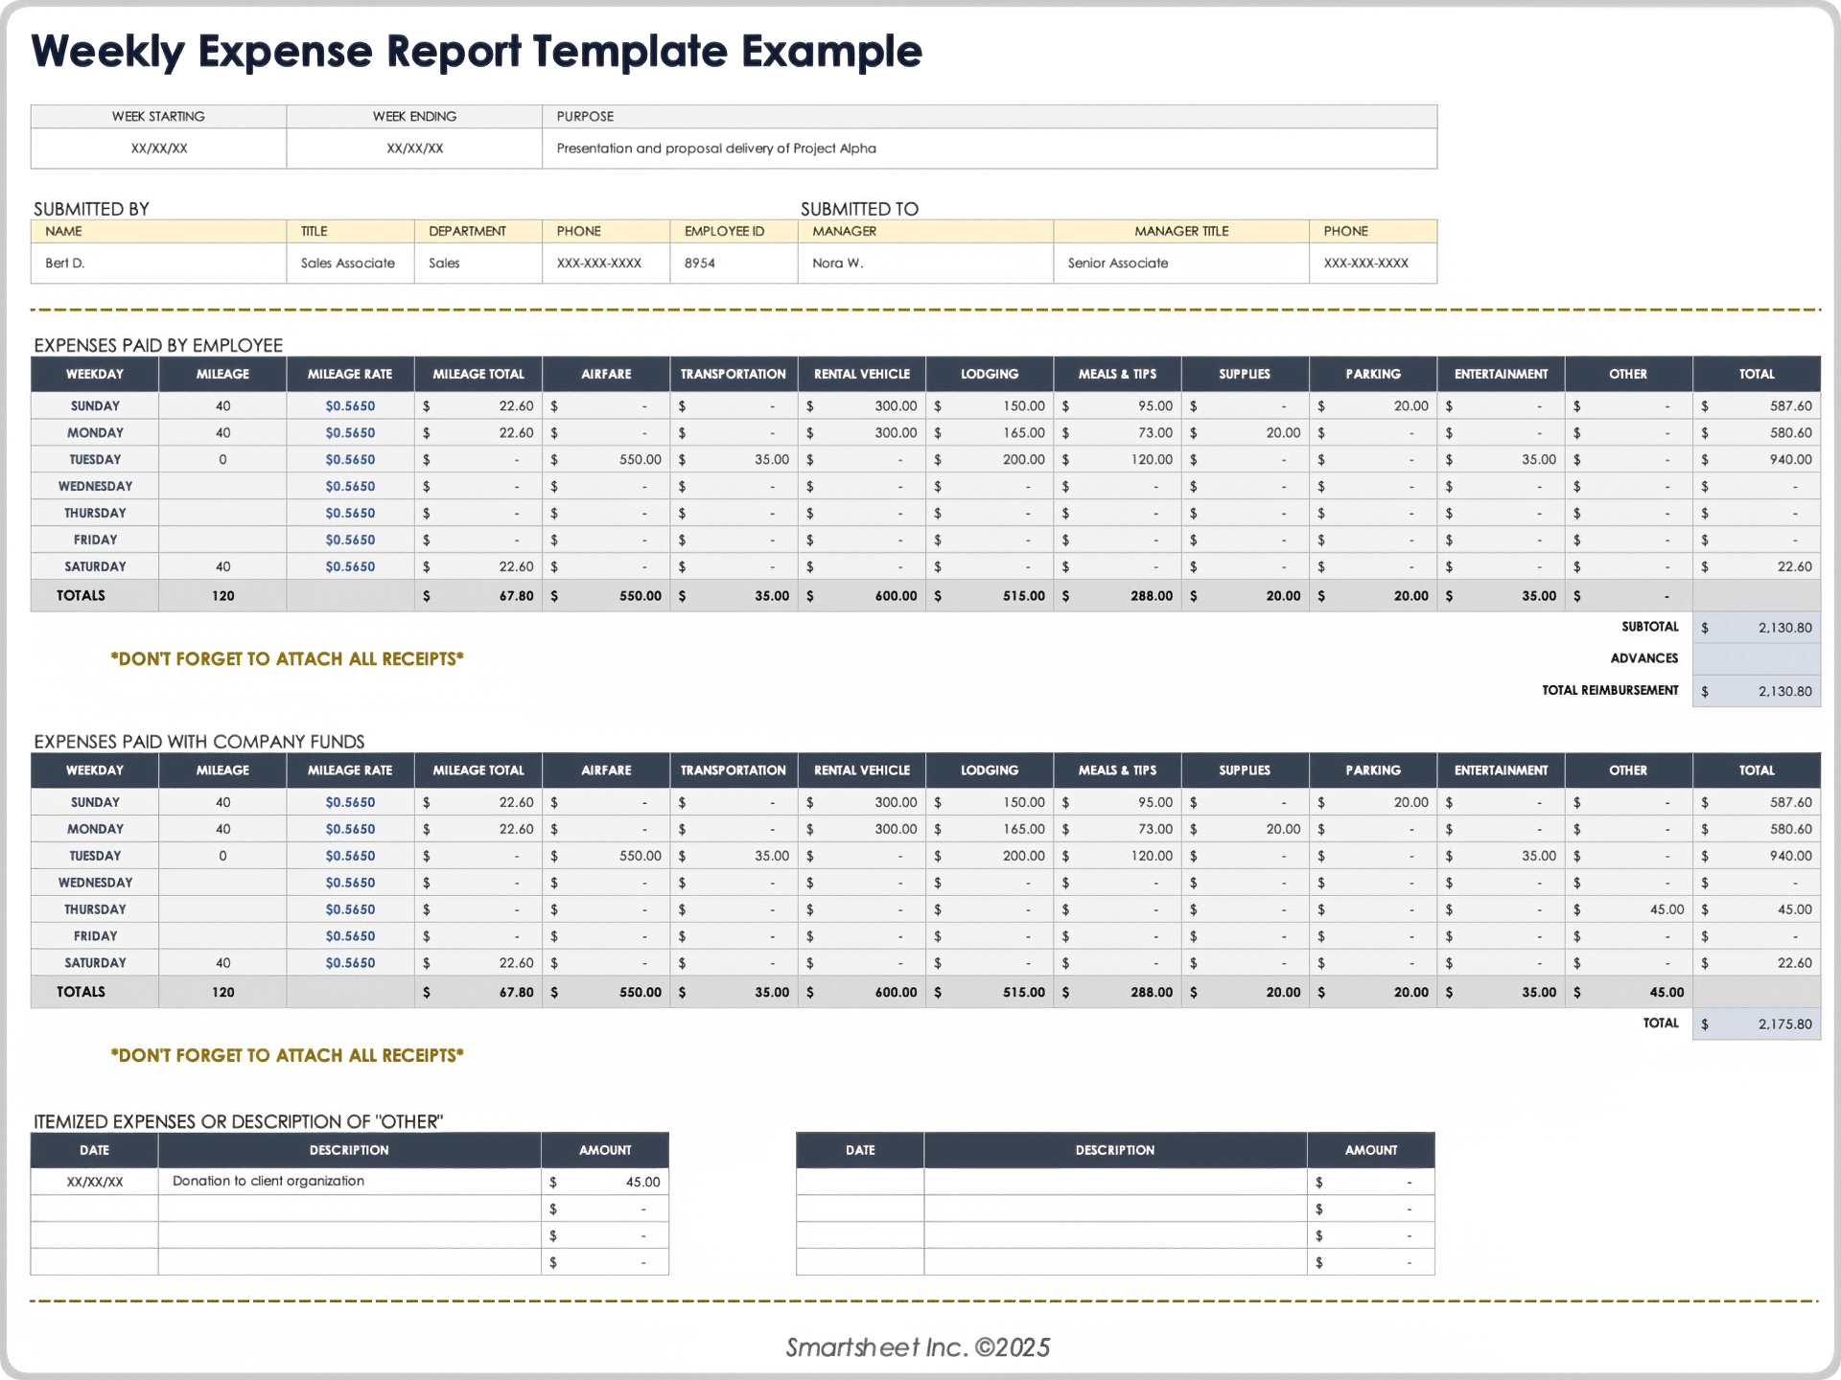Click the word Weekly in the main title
tap(106, 52)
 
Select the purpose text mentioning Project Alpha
tap(715, 149)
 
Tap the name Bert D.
tap(64, 263)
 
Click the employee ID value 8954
tap(699, 263)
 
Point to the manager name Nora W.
tap(837, 263)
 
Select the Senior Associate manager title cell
tap(1117, 263)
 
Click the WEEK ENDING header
tap(414, 116)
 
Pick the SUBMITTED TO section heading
tap(859, 209)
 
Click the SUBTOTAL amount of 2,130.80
tap(1783, 628)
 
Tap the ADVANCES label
tap(1643, 658)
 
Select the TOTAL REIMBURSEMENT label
tap(1609, 690)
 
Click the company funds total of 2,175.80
tap(1783, 1024)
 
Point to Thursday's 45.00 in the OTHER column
tap(1666, 909)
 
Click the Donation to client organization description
tap(268, 1181)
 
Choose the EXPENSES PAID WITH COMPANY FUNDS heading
tap(198, 742)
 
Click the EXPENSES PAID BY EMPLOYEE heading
tap(158, 345)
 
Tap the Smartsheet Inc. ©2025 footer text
tap(918, 1347)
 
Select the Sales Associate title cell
tap(347, 263)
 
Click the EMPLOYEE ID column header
tap(724, 231)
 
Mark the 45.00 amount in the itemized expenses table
tap(642, 1182)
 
